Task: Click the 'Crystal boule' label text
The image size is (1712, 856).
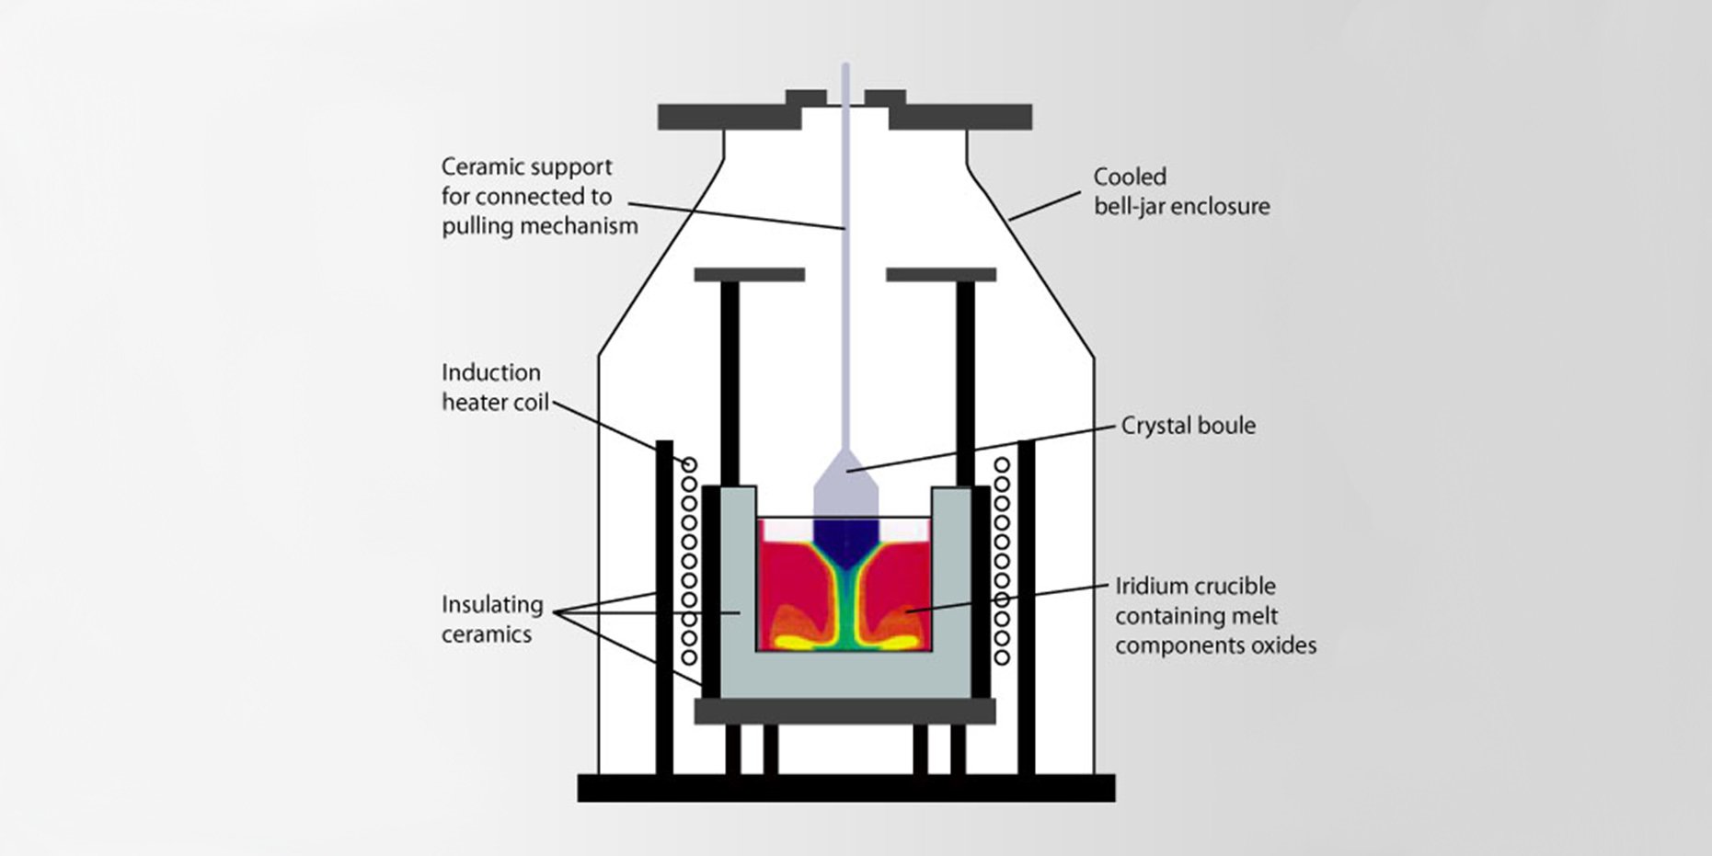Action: (1188, 426)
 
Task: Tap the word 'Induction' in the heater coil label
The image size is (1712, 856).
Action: (490, 372)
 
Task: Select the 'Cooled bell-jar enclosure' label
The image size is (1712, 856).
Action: (1181, 191)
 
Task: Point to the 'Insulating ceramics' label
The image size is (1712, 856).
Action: (491, 619)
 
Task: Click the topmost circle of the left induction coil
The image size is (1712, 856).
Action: (689, 464)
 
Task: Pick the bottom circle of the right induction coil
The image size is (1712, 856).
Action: (1002, 657)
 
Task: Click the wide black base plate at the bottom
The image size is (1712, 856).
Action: (845, 788)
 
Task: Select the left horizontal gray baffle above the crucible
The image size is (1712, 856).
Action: (749, 275)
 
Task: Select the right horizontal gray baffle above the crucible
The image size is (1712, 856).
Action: (940, 275)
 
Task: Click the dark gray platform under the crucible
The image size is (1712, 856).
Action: (845, 711)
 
